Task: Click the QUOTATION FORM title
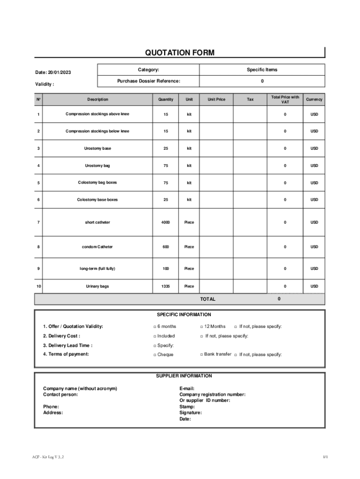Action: tap(180, 53)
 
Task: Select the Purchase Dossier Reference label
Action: tap(148, 81)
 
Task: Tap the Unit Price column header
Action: tap(216, 99)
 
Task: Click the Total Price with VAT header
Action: tap(285, 99)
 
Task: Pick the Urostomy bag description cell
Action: tap(97, 166)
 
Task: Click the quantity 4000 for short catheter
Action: tap(166, 222)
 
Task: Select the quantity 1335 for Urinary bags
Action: tap(166, 286)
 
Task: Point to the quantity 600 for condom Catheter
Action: tap(166, 247)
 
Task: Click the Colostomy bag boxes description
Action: tap(97, 182)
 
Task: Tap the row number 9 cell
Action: tap(38, 269)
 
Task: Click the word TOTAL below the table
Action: tap(208, 299)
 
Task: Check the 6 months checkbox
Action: tap(155, 327)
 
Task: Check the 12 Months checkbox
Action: tap(202, 327)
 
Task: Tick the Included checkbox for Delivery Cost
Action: tap(155, 336)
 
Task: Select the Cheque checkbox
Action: tap(155, 355)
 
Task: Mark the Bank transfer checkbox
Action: tap(202, 355)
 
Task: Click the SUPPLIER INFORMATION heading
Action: tap(184, 376)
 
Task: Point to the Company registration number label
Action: tap(212, 394)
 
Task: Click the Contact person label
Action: tap(60, 394)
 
